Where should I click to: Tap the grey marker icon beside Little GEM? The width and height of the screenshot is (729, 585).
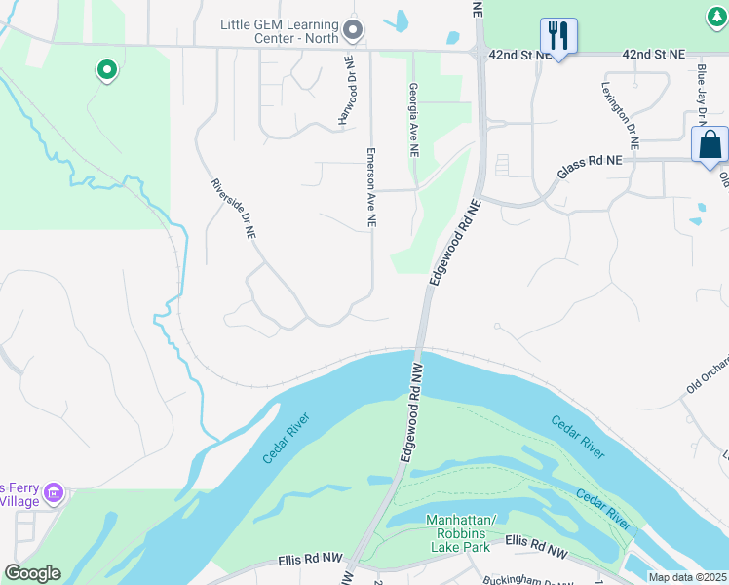[353, 31]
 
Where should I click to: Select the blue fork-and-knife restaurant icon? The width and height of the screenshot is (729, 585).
[558, 36]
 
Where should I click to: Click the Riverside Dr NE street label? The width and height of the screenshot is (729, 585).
[234, 209]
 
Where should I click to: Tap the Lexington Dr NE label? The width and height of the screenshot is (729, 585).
[620, 111]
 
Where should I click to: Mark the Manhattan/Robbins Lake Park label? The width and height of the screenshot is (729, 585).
[461, 533]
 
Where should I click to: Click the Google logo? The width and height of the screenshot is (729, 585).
[32, 573]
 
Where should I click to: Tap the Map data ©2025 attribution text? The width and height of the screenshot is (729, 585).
[687, 576]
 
